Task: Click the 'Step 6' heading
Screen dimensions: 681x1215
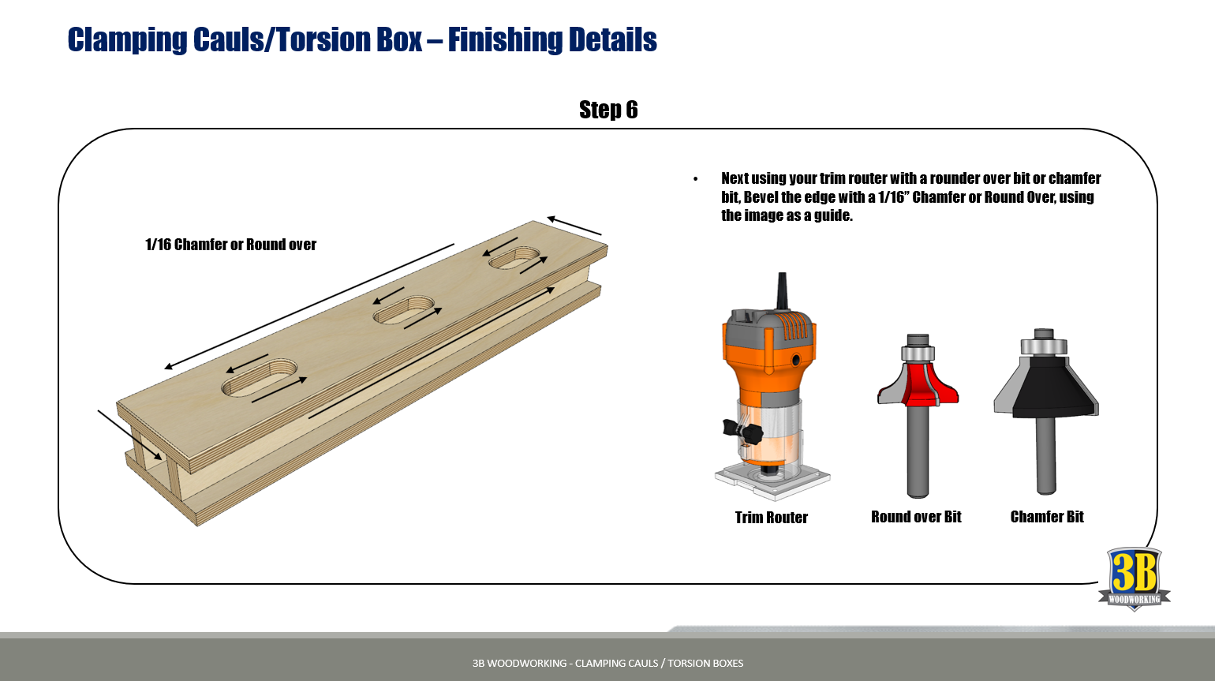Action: point(607,110)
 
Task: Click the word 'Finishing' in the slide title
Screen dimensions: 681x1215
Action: point(503,39)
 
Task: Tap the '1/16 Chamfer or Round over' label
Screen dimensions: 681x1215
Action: point(230,245)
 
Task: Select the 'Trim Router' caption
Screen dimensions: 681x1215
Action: point(771,518)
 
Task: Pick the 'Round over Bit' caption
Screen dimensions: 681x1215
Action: point(916,517)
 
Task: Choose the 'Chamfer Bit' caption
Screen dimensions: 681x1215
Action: point(1047,517)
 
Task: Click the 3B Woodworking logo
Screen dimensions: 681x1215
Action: point(1134,578)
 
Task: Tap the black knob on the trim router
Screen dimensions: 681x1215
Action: point(743,431)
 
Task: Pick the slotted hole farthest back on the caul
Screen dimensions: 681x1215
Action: point(514,258)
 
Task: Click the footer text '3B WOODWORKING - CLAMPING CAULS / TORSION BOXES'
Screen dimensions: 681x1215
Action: point(607,663)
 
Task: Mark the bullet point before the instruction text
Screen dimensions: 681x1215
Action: point(695,180)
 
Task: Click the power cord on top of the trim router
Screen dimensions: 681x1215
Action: point(783,290)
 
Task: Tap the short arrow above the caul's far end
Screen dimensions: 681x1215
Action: point(574,226)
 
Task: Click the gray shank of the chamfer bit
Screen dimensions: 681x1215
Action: point(1045,458)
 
